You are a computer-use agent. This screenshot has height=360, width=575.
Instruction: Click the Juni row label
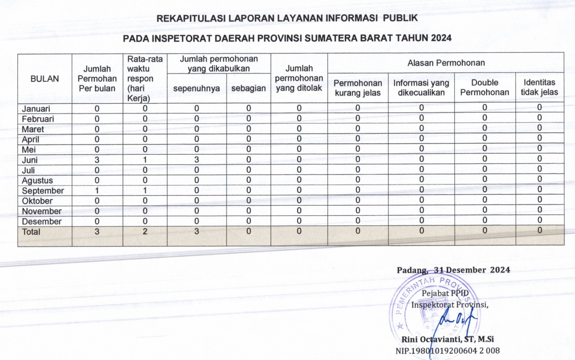pos(30,160)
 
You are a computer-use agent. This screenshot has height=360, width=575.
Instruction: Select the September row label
pos(43,191)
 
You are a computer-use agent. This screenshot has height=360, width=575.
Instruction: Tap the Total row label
pos(31,232)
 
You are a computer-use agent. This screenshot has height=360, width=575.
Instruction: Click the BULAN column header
pos(45,79)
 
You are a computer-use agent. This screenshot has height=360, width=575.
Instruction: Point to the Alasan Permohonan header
pos(446,63)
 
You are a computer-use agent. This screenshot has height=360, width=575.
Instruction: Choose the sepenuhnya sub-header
pos(197,89)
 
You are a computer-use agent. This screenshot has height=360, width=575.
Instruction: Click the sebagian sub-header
pos(248,89)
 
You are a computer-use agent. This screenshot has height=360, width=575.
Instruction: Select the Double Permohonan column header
pos(485,87)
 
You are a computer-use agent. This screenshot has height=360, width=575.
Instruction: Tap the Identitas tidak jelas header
pos(539,87)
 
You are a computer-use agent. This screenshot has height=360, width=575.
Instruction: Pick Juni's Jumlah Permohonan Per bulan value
pos(97,160)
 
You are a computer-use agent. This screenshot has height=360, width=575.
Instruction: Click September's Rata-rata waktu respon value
pos(145,191)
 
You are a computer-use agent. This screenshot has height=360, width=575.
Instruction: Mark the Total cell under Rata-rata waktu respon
pos(145,232)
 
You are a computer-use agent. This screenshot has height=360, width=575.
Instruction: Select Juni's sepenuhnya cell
pos(197,160)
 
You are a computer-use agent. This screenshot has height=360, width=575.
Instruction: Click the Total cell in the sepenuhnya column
pos(197,232)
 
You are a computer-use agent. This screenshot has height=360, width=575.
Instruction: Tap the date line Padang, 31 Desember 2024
pos(453,270)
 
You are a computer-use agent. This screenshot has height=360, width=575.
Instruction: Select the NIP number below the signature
pos(448,351)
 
